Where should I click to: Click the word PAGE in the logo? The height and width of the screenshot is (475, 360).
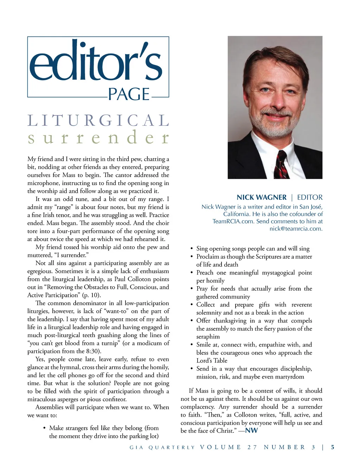(x=129, y=94)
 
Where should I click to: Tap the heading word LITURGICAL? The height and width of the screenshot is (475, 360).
(x=98, y=121)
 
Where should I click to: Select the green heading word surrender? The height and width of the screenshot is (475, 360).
(x=98, y=138)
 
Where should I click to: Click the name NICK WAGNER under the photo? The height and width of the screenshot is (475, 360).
(x=262, y=197)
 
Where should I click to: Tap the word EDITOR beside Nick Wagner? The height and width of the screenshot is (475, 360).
(x=310, y=197)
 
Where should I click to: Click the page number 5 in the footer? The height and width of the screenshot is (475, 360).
(x=333, y=447)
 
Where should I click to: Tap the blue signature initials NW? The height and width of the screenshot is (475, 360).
(x=251, y=431)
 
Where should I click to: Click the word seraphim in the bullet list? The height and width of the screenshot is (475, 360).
(x=208, y=337)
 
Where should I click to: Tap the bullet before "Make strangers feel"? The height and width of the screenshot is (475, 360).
(x=44, y=428)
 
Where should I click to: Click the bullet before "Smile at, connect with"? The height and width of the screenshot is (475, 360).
(x=192, y=345)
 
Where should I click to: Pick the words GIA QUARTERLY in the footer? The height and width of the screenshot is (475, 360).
(x=162, y=448)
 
